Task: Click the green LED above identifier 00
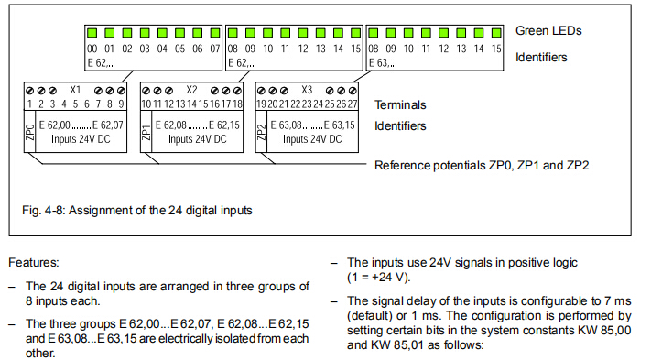click(x=92, y=33)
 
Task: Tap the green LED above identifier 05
click(x=179, y=33)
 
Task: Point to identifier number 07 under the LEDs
click(x=214, y=49)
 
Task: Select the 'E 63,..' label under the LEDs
click(x=382, y=63)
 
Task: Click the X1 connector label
click(x=75, y=90)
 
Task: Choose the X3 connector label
click(x=307, y=90)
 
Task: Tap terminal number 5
click(x=75, y=104)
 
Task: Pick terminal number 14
click(x=191, y=104)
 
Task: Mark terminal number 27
click(x=353, y=104)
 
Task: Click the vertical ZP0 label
click(x=30, y=132)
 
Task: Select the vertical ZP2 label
click(x=261, y=132)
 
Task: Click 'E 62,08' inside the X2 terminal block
click(x=171, y=125)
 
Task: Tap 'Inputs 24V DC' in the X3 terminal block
click(x=312, y=139)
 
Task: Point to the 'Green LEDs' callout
click(x=548, y=31)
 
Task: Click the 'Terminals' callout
click(x=400, y=104)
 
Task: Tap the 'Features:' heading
click(x=34, y=262)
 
